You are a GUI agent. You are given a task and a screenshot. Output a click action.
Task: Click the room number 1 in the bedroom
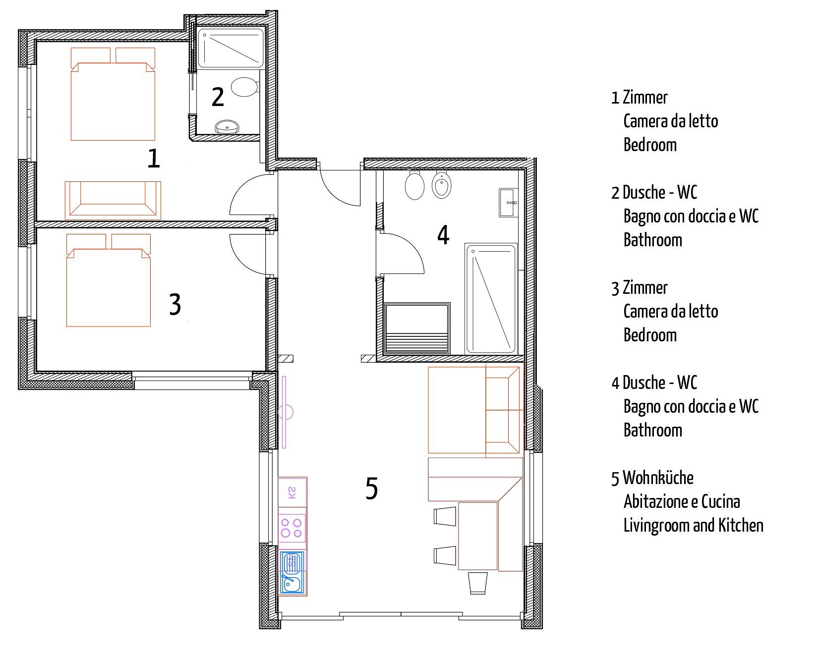coord(154,159)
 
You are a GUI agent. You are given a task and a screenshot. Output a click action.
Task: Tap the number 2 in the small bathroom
coord(218,97)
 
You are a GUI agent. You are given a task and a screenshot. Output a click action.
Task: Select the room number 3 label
coord(175,304)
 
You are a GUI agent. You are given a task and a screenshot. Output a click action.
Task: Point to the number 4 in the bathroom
coord(443,235)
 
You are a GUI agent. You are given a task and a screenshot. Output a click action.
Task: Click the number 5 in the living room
coord(372,488)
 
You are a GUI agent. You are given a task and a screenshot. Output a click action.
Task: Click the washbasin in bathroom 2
coord(228,127)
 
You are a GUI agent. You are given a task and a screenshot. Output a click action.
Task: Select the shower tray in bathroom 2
coord(231,48)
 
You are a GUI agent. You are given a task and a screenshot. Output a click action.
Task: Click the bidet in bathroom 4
coord(440,185)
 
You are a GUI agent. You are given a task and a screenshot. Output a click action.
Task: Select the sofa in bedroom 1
coord(113,200)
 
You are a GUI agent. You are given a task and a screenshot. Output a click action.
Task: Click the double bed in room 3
coord(109,280)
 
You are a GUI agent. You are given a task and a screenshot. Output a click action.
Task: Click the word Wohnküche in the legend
coord(658,478)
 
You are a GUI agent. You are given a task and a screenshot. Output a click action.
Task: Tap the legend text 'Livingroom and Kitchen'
coord(693,525)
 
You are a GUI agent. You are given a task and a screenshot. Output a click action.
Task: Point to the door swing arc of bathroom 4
coord(415,247)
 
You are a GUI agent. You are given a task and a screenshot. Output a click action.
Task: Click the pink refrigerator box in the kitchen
coord(293,492)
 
